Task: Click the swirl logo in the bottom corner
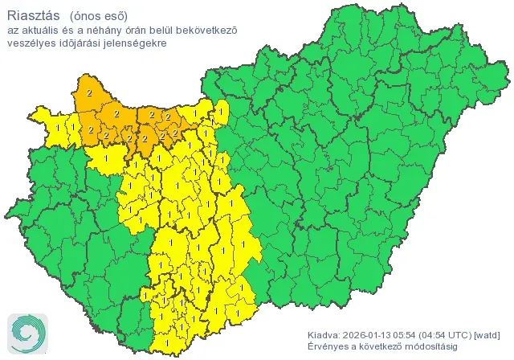26,331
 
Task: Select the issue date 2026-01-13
373,334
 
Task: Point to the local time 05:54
416,334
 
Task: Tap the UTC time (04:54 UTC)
454,334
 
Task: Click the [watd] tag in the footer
488,334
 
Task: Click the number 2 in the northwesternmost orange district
88,94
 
